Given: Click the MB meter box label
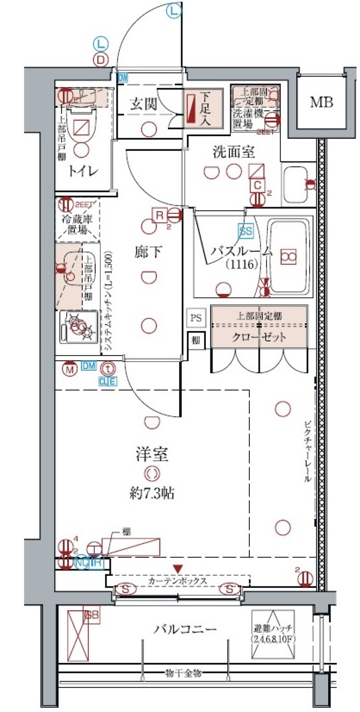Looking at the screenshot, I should point(321,102).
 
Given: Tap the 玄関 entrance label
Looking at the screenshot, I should point(143,104).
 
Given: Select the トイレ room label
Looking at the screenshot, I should point(83,171).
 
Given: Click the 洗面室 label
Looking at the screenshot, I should point(234,152).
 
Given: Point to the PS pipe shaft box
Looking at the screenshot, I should point(196,318).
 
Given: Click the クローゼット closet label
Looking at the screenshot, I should point(259,337).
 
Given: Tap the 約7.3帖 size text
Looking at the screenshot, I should point(152,493).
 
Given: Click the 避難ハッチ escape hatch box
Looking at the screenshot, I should point(273,634).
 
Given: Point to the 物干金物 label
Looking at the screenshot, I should point(183,673).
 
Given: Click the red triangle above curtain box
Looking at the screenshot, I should point(177,569).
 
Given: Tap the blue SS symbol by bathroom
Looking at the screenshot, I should point(246,231).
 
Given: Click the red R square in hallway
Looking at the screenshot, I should point(160,215).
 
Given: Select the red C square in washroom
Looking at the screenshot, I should point(257,185).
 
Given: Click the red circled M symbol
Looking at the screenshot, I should point(70,370).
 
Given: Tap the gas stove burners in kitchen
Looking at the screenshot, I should point(80,326).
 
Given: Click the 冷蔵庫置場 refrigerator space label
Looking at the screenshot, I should point(77,224).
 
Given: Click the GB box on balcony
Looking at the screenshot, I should point(92,616).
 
